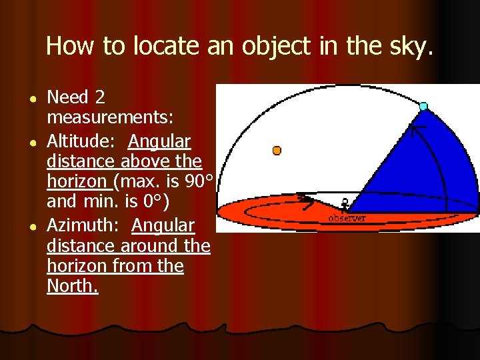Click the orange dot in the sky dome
277,151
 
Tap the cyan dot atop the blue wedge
423,106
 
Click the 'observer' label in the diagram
346,218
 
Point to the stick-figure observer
345,204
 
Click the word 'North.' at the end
73,287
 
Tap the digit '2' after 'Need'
100,98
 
